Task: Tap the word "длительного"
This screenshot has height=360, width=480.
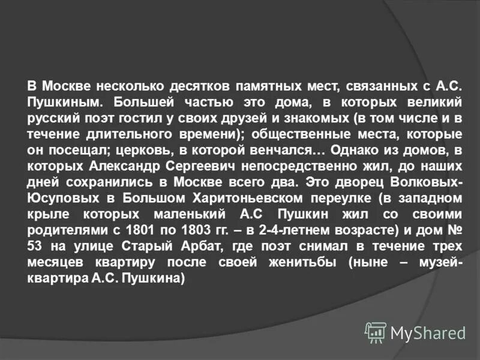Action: click(x=125, y=133)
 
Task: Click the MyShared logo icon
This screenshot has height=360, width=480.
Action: click(x=376, y=332)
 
